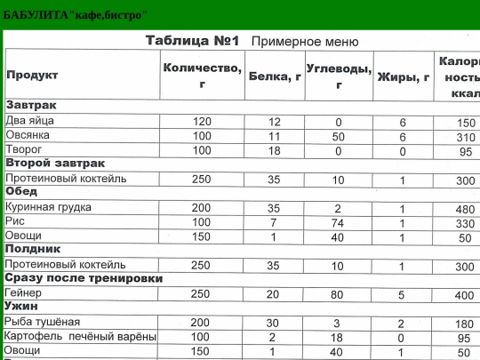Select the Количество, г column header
[x=202, y=76]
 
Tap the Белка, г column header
[x=274, y=76]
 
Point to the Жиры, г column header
[x=404, y=76]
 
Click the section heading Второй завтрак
[x=55, y=164]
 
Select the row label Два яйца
[x=30, y=122]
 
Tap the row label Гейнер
[x=23, y=293]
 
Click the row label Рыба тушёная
[x=43, y=322]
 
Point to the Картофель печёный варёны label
[x=80, y=337]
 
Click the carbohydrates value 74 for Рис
[x=338, y=222]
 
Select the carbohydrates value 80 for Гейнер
[x=338, y=294]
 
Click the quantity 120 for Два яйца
[x=202, y=122]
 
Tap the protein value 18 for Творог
[x=274, y=151]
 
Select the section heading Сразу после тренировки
[x=84, y=278]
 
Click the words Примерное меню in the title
[x=305, y=42]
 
